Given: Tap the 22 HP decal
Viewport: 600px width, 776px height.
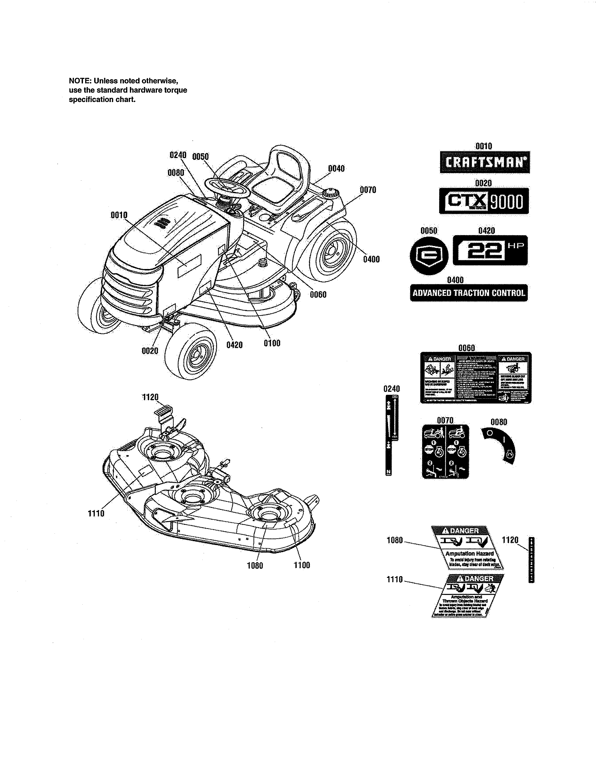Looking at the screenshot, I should click(490, 250).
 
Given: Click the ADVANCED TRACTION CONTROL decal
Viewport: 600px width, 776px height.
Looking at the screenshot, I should click(468, 293).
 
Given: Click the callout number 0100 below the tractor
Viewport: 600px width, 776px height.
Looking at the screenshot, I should click(272, 343).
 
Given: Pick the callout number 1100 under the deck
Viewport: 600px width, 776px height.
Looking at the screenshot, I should click(302, 565).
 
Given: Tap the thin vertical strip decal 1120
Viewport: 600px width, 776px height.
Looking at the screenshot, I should click(531, 560).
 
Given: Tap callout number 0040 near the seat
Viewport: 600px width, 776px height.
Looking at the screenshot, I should click(336, 168).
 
